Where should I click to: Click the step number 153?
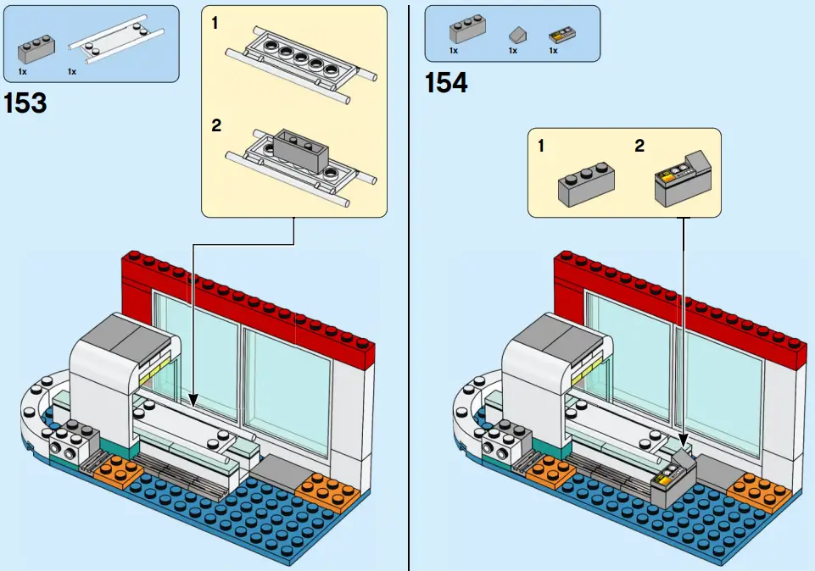(x=25, y=104)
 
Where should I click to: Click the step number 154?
(x=446, y=83)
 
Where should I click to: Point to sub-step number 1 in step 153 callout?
(x=215, y=24)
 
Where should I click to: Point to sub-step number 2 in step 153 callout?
(x=216, y=125)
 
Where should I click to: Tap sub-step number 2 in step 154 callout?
(x=639, y=146)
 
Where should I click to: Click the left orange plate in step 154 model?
(x=550, y=474)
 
